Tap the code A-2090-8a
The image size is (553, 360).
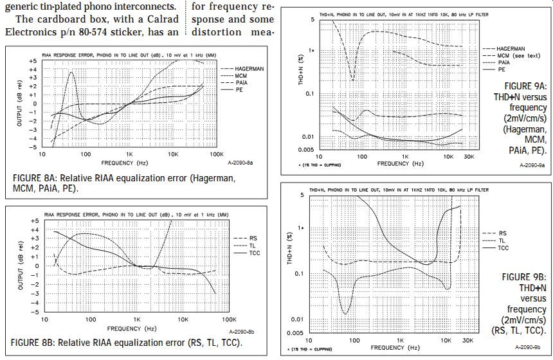[x=249, y=164]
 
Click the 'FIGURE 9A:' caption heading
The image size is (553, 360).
[x=525, y=86]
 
